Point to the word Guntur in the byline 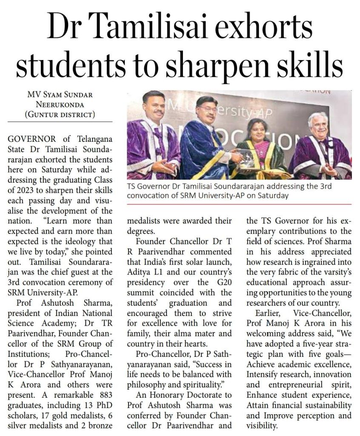pyautogui.click(x=45, y=114)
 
